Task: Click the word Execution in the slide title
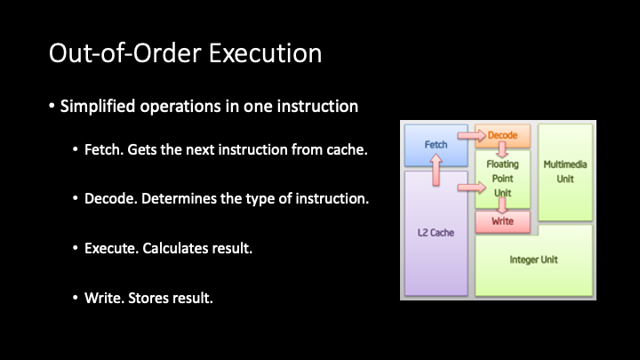coord(265,53)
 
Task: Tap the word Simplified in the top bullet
coord(98,107)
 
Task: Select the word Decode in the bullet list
coord(110,198)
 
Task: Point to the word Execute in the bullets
coord(111,248)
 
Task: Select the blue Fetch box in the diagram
coord(436,145)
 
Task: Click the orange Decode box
coord(502,135)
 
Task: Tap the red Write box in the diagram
coord(502,221)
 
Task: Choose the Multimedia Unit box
coord(565,172)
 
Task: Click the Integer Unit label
coord(533,260)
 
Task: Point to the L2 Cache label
coord(436,233)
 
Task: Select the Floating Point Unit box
coord(502,179)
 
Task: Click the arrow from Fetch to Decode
coord(471,135)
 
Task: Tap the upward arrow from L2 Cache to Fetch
coord(436,170)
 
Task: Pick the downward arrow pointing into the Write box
coord(502,205)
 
